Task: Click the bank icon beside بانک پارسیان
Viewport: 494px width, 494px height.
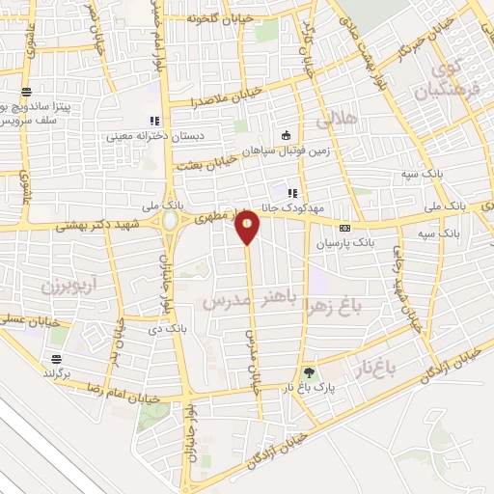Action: point(359,240)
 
